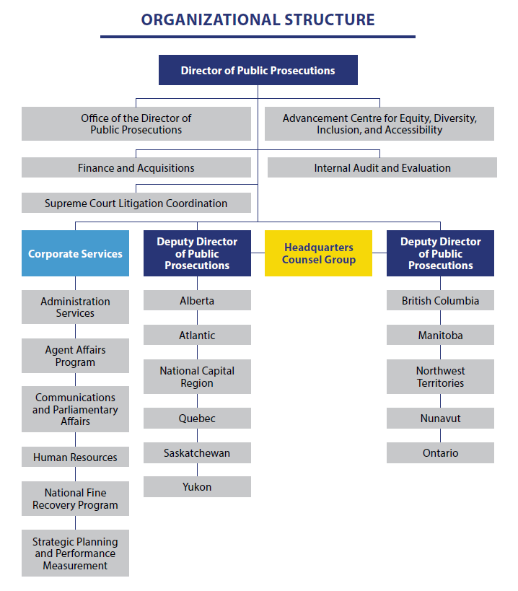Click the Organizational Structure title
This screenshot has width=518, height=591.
click(258, 19)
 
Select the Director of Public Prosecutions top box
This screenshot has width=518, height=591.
click(258, 71)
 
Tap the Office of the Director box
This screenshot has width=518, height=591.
click(136, 124)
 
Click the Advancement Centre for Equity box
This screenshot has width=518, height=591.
click(379, 124)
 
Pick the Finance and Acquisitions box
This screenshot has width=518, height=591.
click(136, 168)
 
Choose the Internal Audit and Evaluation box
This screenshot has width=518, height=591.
click(382, 168)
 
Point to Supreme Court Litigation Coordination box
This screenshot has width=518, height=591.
click(136, 203)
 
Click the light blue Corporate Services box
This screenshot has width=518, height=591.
click(75, 253)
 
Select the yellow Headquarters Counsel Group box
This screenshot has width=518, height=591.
click(318, 253)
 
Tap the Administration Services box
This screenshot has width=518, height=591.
click(75, 307)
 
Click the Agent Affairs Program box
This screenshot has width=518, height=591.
click(75, 356)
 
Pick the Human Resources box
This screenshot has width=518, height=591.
click(75, 458)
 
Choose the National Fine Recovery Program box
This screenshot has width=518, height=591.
click(75, 499)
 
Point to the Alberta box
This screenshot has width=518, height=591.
click(197, 301)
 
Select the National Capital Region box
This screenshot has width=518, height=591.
click(197, 377)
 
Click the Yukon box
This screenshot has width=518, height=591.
click(197, 487)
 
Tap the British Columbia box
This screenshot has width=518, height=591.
click(440, 301)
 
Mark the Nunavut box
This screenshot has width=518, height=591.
click(440, 419)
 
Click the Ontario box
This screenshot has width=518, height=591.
click(440, 453)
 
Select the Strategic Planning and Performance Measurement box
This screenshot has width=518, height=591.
click(75, 553)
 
